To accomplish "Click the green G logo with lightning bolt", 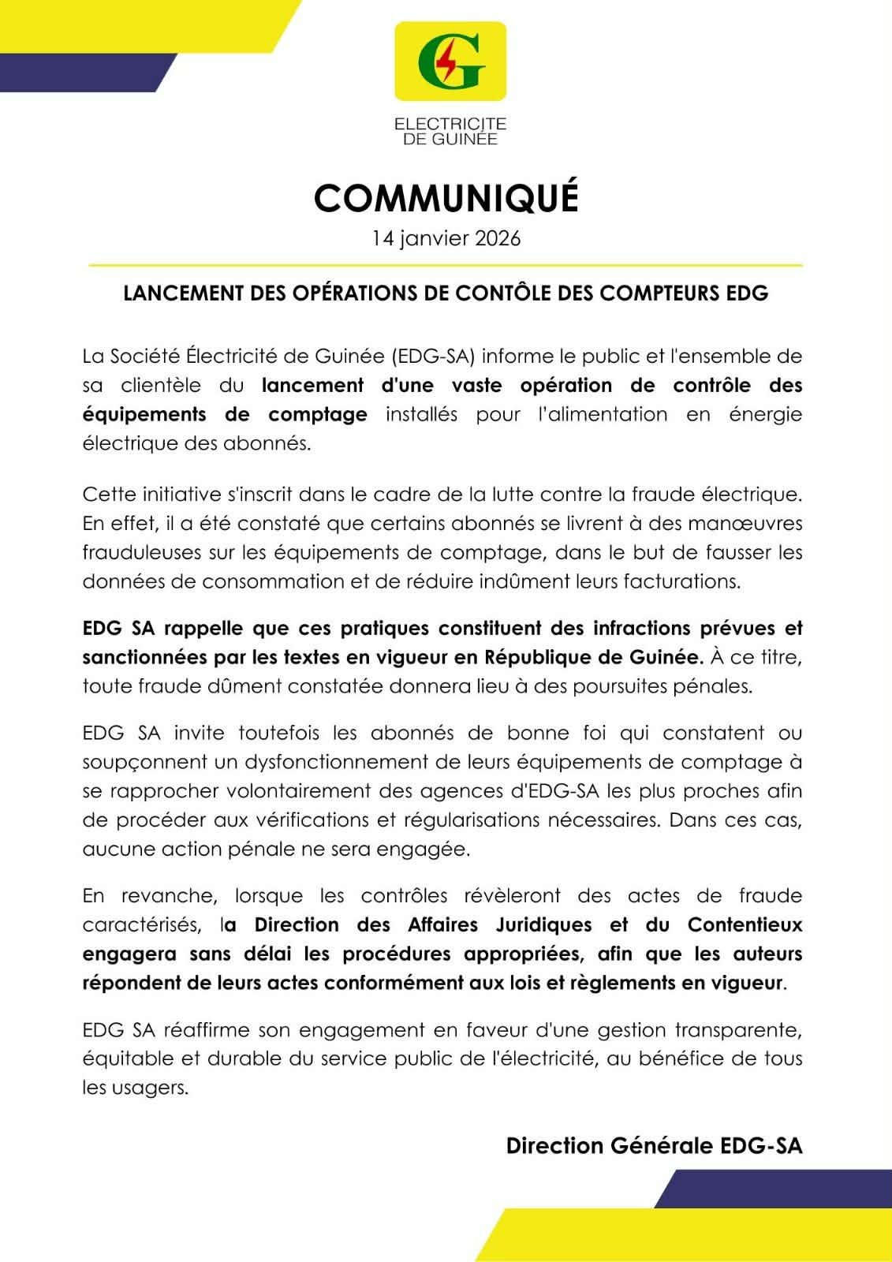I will tap(450, 61).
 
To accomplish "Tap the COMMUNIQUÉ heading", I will tap(446, 197).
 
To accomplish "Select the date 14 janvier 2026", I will tap(446, 238).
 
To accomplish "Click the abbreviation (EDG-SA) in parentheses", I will tap(433, 356).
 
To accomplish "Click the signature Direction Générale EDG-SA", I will tap(654, 1145).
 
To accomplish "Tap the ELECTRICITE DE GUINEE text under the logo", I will tap(450, 131).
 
